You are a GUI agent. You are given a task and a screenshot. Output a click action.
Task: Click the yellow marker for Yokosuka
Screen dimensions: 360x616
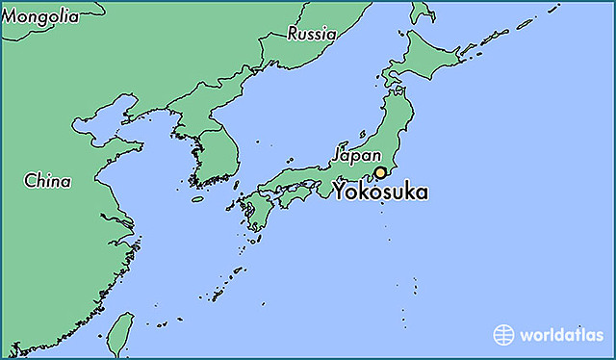tap(380, 173)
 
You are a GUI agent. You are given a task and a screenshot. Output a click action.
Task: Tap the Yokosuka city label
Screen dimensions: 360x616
tap(381, 193)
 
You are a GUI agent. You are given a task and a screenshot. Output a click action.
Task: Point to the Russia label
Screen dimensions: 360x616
tap(312, 34)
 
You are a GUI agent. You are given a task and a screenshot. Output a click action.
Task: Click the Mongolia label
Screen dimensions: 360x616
tap(40, 16)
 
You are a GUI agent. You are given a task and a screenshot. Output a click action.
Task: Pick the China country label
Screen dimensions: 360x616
tap(47, 180)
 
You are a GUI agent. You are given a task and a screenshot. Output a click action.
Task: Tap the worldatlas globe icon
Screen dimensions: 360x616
tap(503, 335)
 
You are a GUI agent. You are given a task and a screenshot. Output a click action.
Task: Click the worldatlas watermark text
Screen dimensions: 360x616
tap(562, 335)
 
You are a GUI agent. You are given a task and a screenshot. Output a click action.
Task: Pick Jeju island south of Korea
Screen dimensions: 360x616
tap(197, 199)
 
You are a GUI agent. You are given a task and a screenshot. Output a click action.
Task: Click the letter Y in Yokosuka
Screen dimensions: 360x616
tap(341, 193)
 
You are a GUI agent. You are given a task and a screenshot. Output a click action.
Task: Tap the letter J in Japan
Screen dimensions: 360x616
tap(336, 154)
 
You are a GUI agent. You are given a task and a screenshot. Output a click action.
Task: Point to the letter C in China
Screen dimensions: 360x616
tap(30, 180)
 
